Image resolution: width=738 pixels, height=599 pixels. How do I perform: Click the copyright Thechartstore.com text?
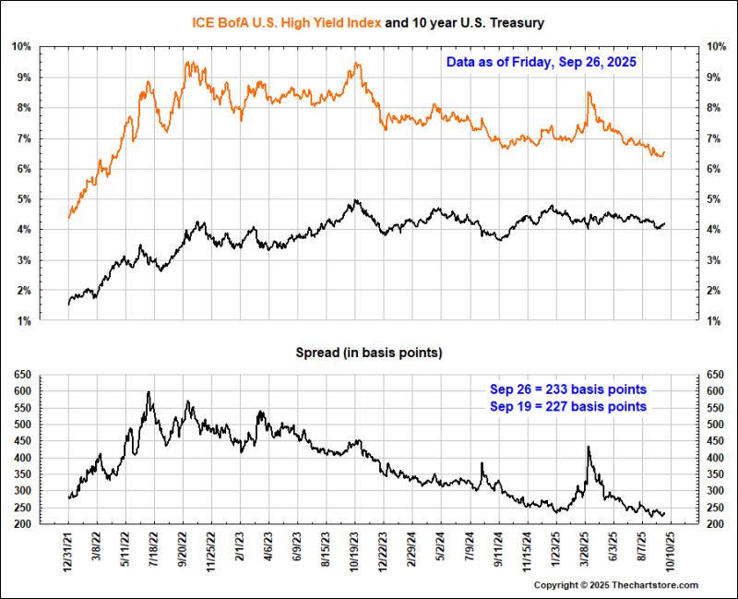[x=617, y=585]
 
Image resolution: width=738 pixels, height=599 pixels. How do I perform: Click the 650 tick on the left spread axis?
[x=21, y=375]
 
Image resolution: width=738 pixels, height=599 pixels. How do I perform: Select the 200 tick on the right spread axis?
[x=716, y=524]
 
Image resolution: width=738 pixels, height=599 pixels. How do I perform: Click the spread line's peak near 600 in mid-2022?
[x=149, y=392]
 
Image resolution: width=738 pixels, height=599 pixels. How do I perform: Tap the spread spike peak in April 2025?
[x=589, y=447]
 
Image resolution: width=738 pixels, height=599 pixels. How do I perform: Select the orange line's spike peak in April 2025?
[x=589, y=92]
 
